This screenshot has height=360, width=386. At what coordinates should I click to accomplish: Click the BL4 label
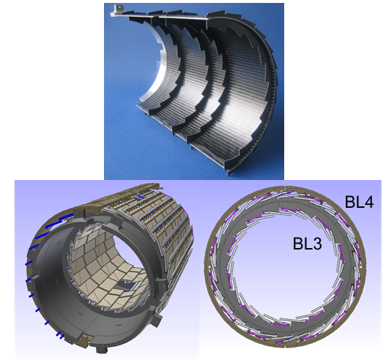pyautogui.click(x=359, y=202)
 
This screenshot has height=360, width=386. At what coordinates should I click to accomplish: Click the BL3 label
pyautogui.click(x=307, y=244)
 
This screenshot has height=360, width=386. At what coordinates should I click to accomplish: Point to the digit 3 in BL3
pyautogui.click(x=317, y=244)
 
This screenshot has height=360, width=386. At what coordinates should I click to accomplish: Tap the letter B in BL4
pyautogui.click(x=349, y=202)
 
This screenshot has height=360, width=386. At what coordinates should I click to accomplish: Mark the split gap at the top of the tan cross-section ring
pyautogui.click(x=285, y=188)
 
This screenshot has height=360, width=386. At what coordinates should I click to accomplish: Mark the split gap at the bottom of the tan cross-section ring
pyautogui.click(x=285, y=345)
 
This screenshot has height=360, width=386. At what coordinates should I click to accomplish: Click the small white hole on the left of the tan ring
pyautogui.click(x=209, y=266)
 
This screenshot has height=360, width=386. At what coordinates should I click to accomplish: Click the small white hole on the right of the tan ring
pyautogui.click(x=360, y=266)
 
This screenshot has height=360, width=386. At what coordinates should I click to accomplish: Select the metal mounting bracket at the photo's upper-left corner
pyautogui.click(x=119, y=10)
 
